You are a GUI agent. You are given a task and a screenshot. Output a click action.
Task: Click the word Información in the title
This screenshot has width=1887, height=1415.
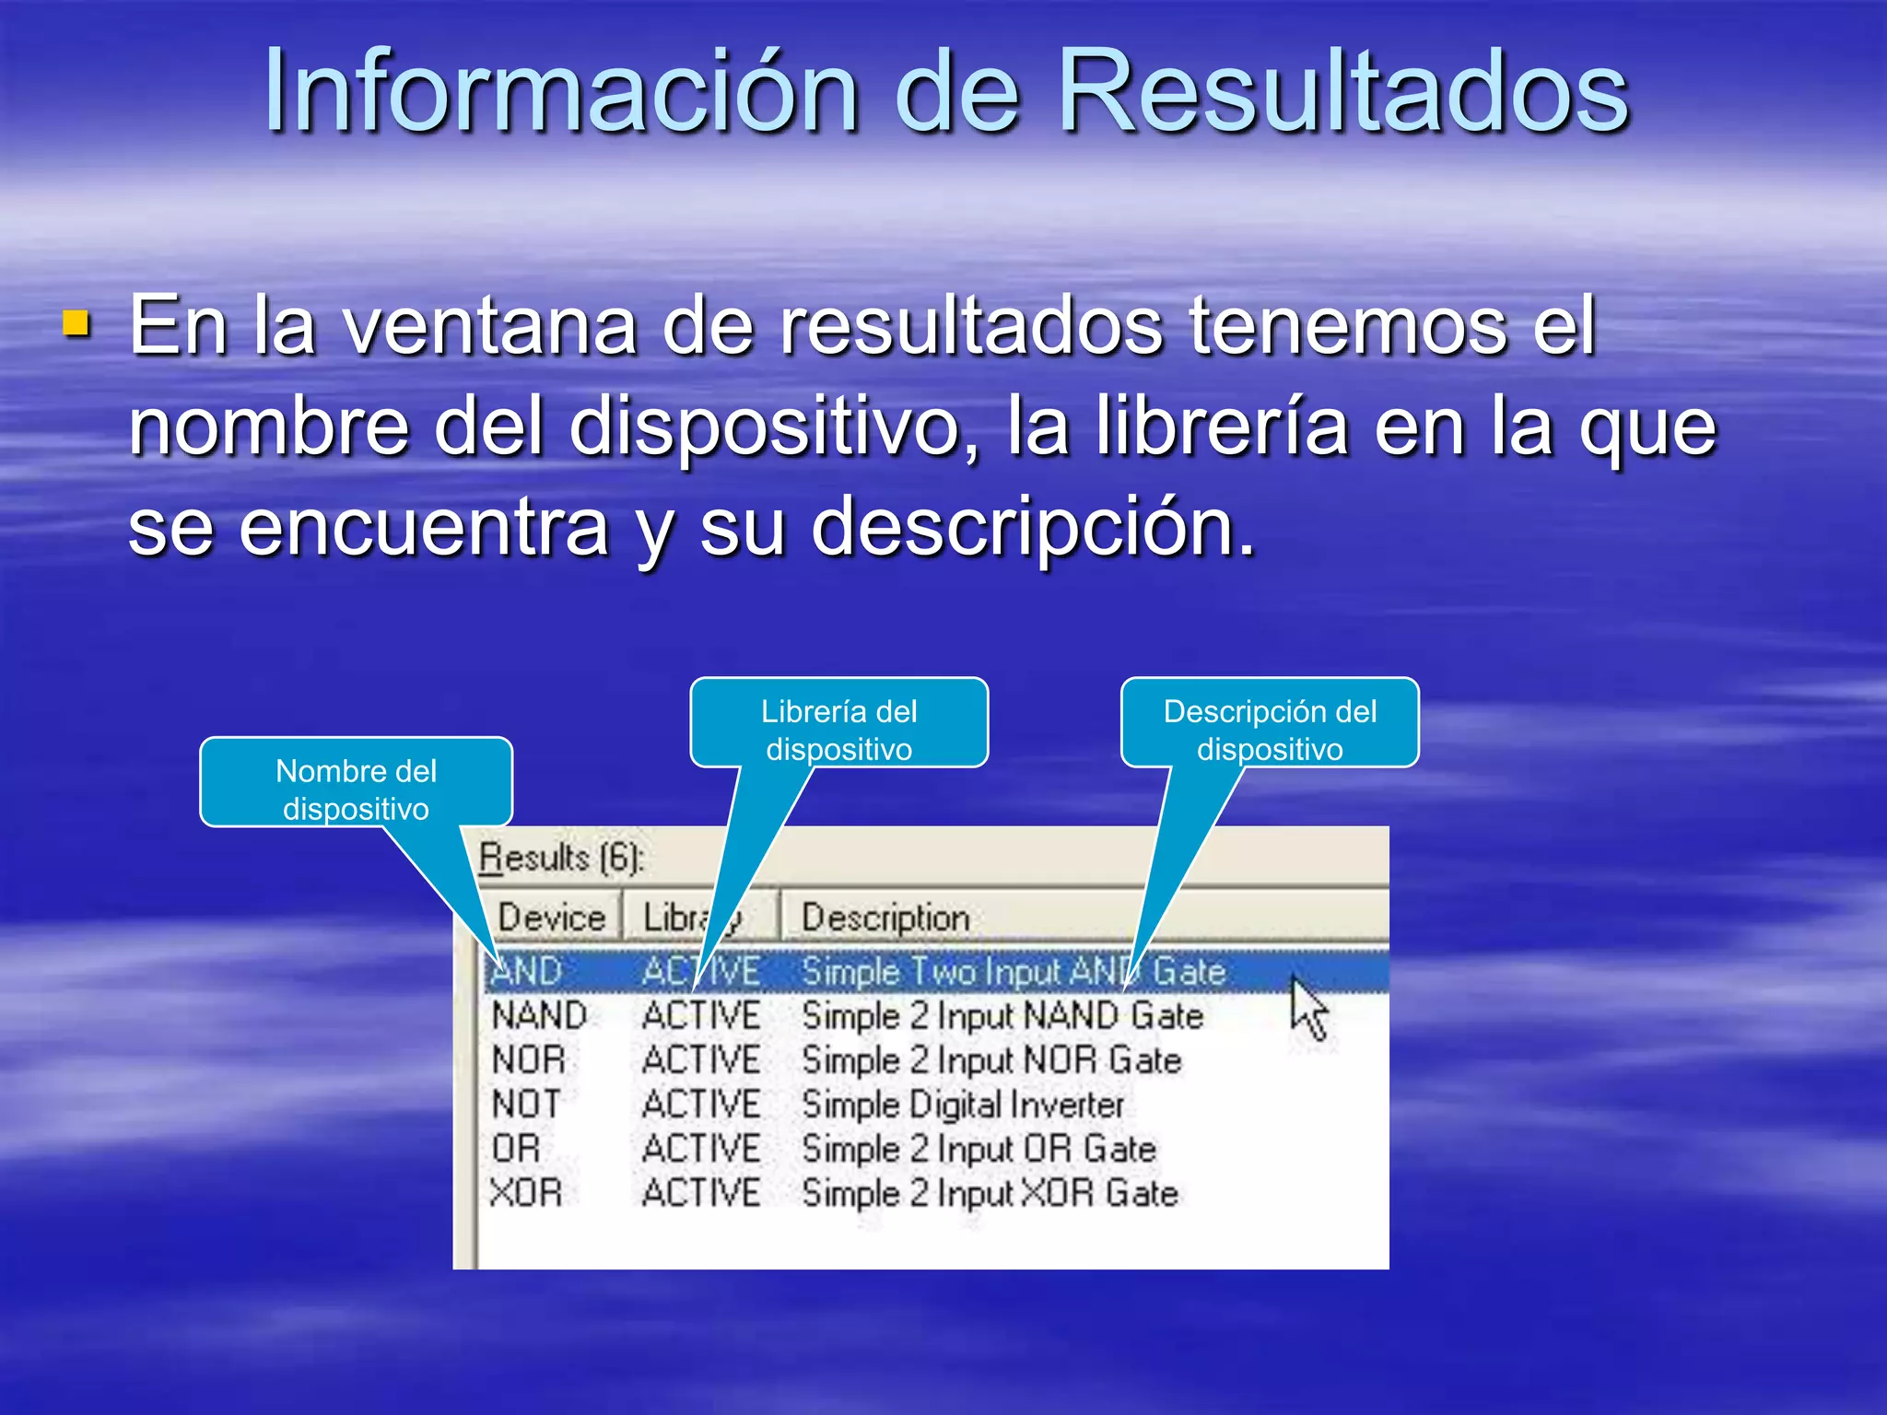tap(562, 92)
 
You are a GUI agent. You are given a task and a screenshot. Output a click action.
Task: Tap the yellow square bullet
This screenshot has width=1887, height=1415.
tap(77, 324)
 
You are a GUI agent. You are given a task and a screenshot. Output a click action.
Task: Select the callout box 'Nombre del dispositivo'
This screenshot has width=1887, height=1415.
tap(356, 782)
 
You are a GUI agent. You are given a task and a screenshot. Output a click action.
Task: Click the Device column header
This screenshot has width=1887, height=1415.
tap(551, 918)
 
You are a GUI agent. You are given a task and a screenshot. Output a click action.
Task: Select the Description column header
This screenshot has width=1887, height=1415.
tap(885, 918)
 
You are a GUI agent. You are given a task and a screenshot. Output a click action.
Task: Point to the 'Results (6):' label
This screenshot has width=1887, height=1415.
tap(561, 859)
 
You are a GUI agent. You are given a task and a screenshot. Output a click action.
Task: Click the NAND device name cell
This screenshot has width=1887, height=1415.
tap(539, 1016)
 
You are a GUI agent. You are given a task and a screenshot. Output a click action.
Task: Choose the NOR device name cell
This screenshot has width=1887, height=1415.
tap(528, 1060)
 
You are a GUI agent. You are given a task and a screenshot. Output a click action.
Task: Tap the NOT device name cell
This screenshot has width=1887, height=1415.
tap(525, 1105)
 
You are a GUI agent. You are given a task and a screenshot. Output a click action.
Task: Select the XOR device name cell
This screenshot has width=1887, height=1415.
tap(526, 1193)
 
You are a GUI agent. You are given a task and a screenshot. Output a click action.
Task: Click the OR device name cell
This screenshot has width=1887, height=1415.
tap(516, 1149)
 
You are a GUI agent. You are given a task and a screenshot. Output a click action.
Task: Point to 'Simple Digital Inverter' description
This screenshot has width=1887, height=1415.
tap(963, 1105)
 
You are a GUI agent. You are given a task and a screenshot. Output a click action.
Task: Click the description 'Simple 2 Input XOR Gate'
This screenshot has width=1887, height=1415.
tap(990, 1193)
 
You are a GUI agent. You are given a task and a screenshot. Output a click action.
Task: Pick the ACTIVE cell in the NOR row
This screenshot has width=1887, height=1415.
tap(701, 1060)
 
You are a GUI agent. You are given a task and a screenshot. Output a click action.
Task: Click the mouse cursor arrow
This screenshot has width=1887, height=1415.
tap(1307, 1007)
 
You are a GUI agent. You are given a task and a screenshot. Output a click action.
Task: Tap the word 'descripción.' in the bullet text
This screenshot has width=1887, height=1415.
tap(1033, 527)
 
